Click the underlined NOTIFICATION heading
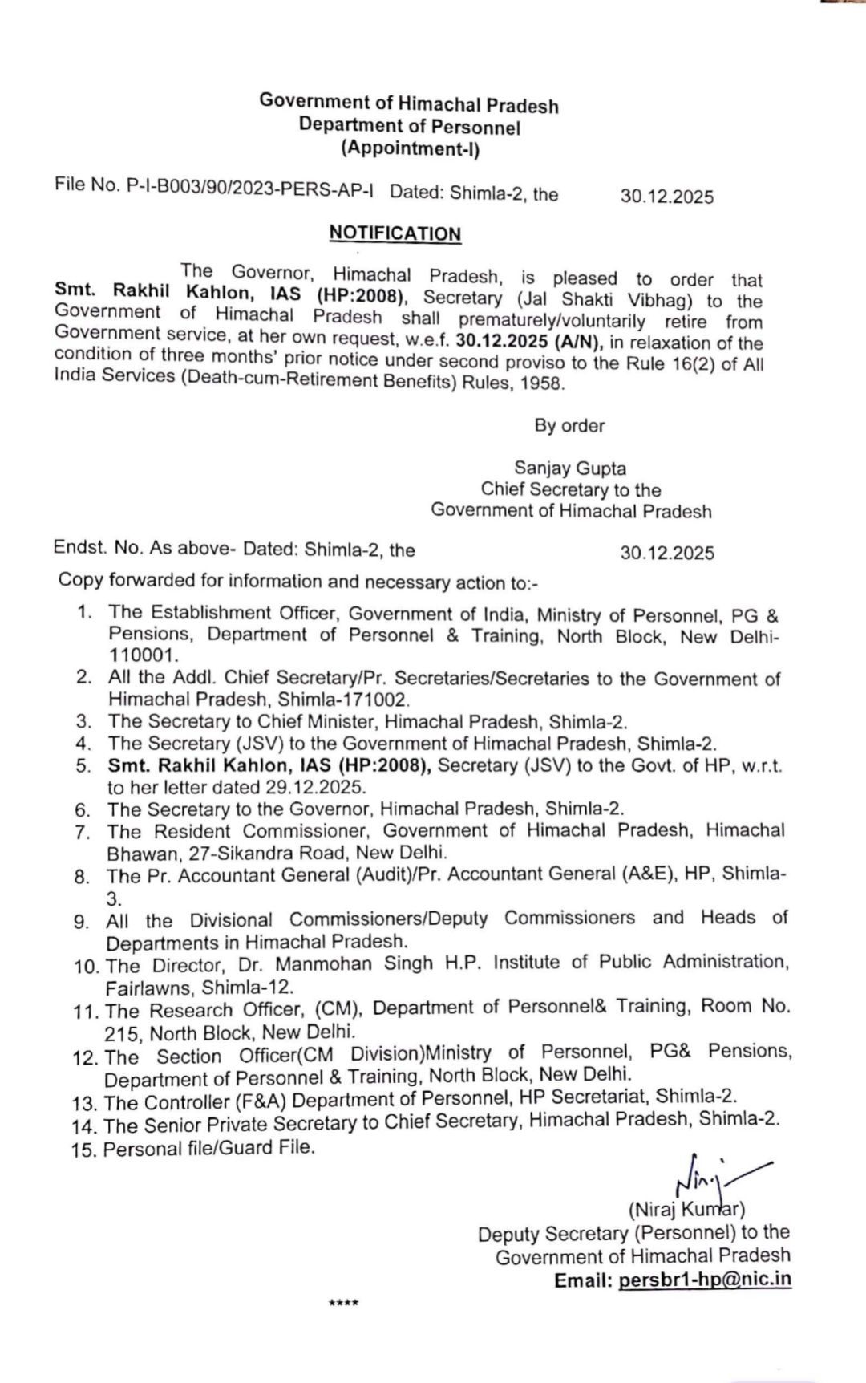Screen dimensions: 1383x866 [x=395, y=233]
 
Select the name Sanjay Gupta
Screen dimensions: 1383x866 [x=570, y=468]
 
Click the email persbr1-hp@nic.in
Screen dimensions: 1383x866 [x=705, y=1279]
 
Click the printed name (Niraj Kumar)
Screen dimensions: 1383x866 [x=686, y=1209]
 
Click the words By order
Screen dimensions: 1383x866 [x=570, y=425]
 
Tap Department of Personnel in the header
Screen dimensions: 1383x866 [x=410, y=126]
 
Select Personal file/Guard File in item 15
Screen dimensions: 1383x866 [x=208, y=1148]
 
